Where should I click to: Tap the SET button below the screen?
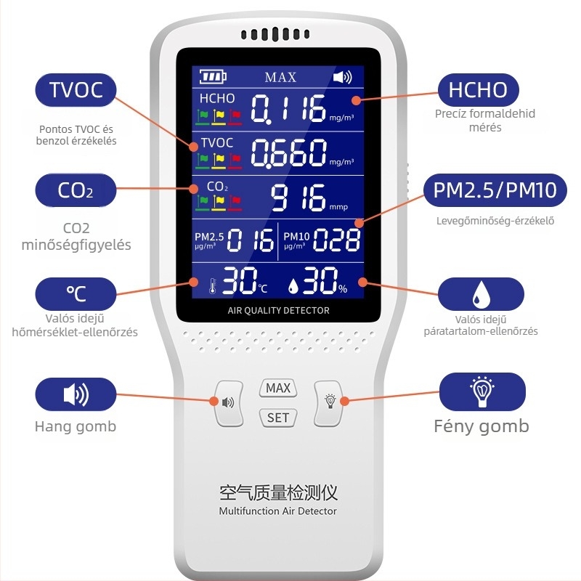(x=278, y=418)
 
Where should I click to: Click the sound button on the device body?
(x=229, y=403)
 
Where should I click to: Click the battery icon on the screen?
(x=213, y=77)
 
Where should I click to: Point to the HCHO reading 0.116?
(x=288, y=108)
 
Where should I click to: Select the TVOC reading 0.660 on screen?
(x=288, y=153)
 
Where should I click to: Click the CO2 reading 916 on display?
(x=298, y=197)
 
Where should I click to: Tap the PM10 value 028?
(x=336, y=240)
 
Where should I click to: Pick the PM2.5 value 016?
(x=250, y=240)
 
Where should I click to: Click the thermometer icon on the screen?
(x=212, y=286)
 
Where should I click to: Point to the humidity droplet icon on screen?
(x=293, y=286)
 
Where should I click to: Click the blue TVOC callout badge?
(x=76, y=90)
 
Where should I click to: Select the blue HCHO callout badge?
(x=478, y=90)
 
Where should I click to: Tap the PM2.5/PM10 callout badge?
(x=495, y=190)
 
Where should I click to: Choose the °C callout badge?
(x=76, y=294)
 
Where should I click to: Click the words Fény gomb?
(x=482, y=426)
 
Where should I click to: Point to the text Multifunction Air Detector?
(x=278, y=511)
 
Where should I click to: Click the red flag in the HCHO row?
(x=235, y=117)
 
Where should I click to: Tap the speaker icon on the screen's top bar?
(x=342, y=77)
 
